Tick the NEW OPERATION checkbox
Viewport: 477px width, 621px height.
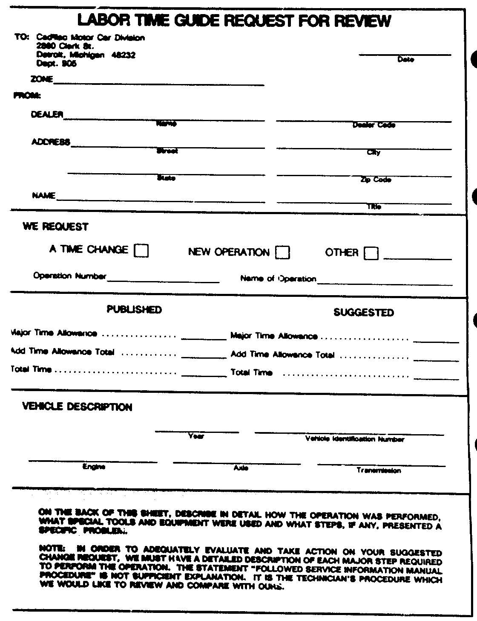[x=282, y=252]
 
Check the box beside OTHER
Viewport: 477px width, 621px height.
[x=371, y=253]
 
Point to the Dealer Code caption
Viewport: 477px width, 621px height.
[x=374, y=125]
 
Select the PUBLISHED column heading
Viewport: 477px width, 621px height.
[x=134, y=309]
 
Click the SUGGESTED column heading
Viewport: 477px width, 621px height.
[x=364, y=313]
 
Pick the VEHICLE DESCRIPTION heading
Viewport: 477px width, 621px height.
[x=77, y=406]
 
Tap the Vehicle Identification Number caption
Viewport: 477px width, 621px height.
[x=355, y=439]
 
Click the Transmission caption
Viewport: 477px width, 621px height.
[x=379, y=471]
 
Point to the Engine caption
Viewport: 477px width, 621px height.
[x=93, y=467]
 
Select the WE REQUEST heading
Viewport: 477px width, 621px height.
[x=55, y=227]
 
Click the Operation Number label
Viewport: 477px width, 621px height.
[x=69, y=276]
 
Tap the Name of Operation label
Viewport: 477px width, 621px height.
[x=278, y=279]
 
